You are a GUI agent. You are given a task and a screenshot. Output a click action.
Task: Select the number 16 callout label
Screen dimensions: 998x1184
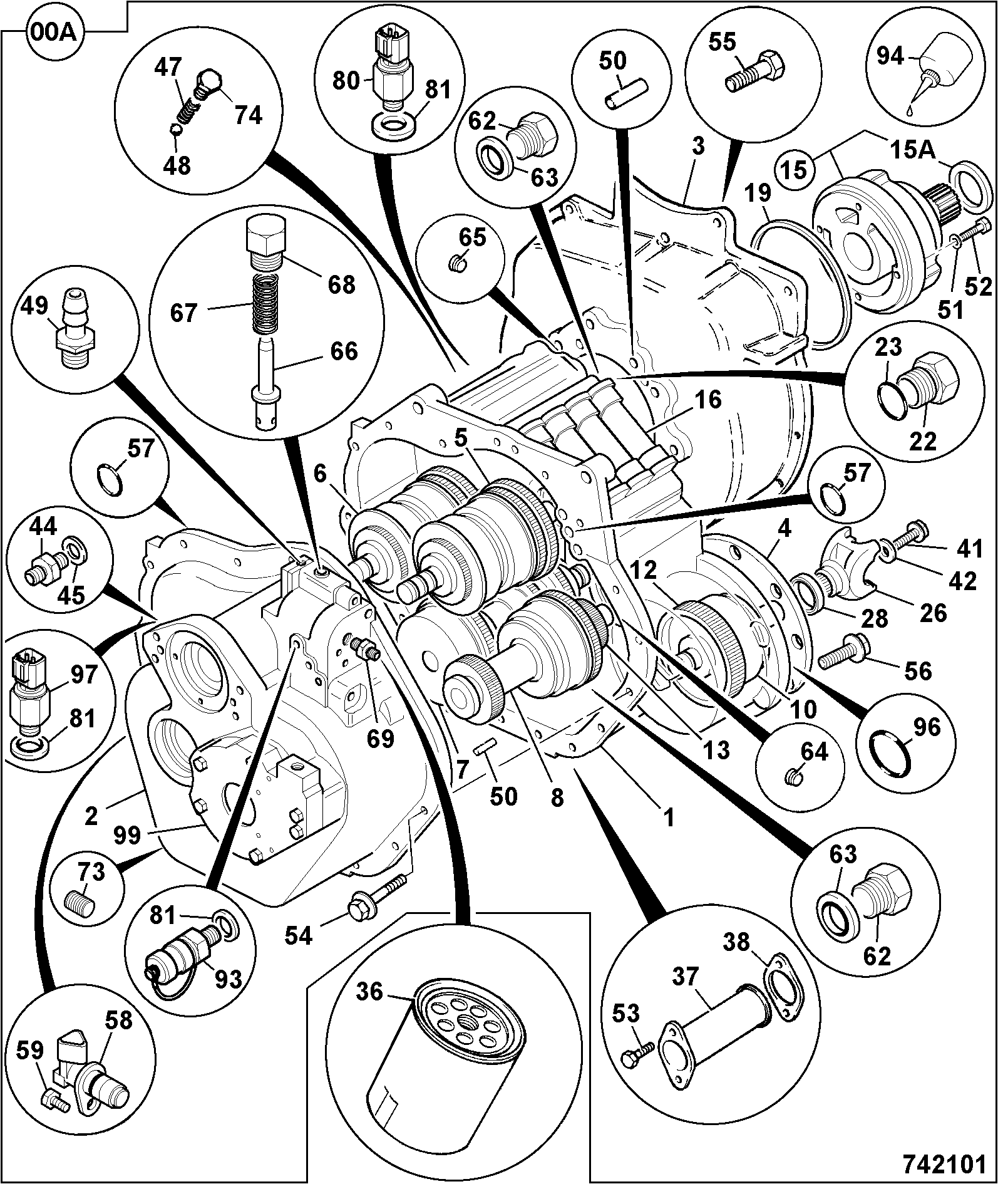pyautogui.click(x=707, y=399)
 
